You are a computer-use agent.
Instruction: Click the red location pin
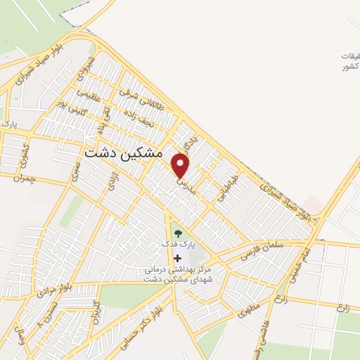pos(181,166)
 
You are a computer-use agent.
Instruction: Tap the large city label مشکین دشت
pos(123,152)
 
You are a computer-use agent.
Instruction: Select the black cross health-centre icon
pos(176,259)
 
